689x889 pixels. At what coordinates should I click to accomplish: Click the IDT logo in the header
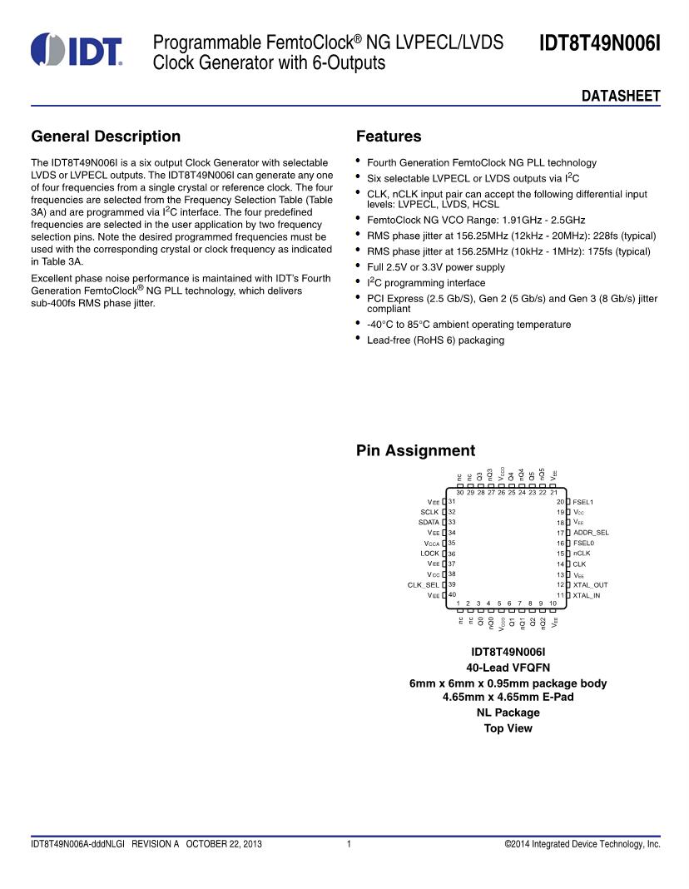tap(77, 50)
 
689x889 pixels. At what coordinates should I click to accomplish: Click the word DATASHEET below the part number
tap(620, 97)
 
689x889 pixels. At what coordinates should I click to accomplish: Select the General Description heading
tap(106, 137)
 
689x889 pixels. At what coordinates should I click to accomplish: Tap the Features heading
tap(389, 137)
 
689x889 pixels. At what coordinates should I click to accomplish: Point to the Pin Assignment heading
tap(415, 450)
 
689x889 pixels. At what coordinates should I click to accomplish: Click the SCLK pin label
tap(429, 512)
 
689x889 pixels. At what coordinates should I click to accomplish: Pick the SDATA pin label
tap(429, 522)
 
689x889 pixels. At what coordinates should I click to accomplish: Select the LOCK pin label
tap(429, 554)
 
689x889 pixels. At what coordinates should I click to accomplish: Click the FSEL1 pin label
tap(583, 502)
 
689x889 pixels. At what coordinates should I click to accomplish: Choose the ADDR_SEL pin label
tap(591, 533)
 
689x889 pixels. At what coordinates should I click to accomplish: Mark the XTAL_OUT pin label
tap(590, 584)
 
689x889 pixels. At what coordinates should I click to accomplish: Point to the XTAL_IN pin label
tap(587, 595)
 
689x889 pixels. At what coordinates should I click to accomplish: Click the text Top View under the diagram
tap(508, 728)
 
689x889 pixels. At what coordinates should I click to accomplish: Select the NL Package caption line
tap(508, 713)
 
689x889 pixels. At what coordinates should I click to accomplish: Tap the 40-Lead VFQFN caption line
tap(508, 668)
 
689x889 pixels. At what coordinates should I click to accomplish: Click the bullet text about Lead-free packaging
tap(435, 340)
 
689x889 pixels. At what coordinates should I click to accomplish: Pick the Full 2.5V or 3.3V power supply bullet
tap(435, 267)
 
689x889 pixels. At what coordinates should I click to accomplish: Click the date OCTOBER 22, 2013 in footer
tap(224, 844)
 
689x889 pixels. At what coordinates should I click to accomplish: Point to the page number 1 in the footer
tap(349, 844)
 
